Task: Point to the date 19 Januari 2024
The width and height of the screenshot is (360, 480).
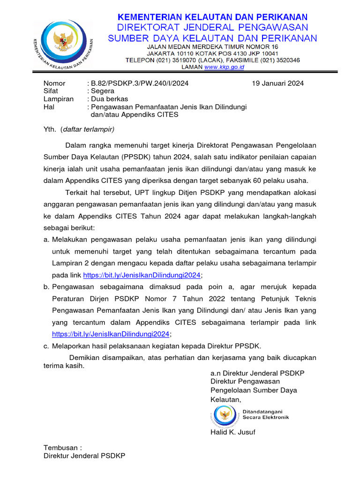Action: coord(277,83)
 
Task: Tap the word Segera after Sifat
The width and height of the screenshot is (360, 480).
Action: coord(103,91)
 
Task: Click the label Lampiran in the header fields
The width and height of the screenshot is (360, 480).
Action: coord(59,99)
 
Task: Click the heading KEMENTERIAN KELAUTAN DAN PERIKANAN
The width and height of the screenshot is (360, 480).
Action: coord(212,17)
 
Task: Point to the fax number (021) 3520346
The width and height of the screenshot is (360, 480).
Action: coord(280,60)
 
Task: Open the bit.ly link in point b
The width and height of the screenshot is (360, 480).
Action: coord(111,334)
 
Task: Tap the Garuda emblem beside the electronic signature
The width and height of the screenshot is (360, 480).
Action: coord(226,414)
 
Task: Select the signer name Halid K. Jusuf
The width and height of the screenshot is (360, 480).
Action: coord(233,432)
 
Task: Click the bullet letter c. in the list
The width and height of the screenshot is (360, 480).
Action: coord(46,346)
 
